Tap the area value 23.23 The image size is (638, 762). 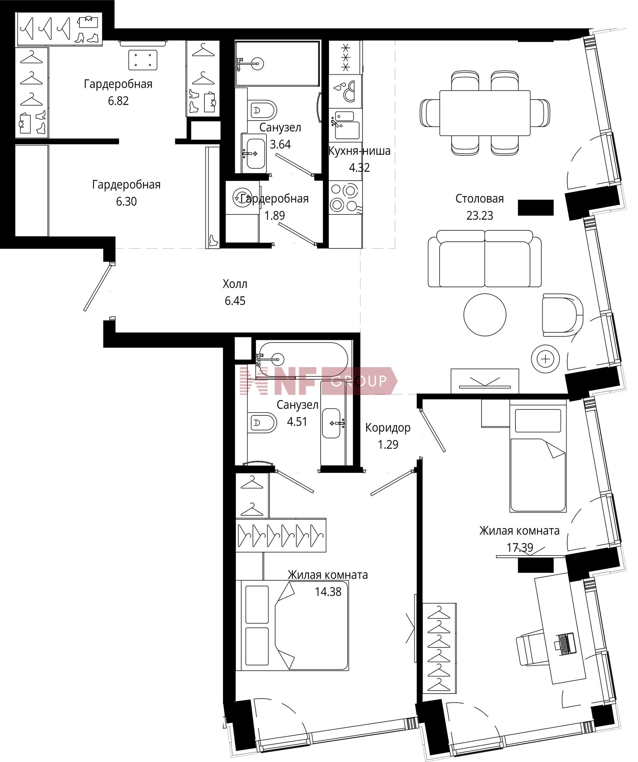pos(480,215)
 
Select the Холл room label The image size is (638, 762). pos(235,284)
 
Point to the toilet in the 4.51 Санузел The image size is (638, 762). pos(262,422)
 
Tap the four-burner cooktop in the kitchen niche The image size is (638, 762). pos(345,198)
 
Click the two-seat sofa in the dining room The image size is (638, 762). pos(484,258)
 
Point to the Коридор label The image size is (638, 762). pos(388,428)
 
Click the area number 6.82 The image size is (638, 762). pos(118,101)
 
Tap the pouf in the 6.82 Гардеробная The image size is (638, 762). pos(143,60)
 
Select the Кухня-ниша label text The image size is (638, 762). pos(360,151)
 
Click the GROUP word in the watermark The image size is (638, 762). pos(359,381)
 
